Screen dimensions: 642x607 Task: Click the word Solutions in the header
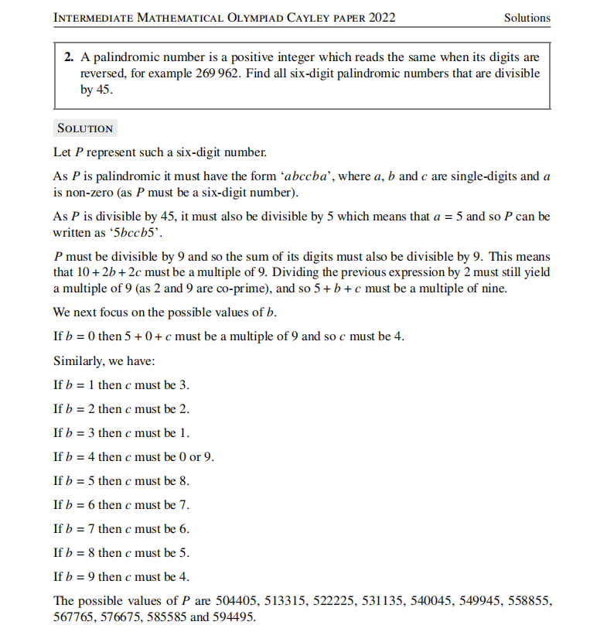pos(527,18)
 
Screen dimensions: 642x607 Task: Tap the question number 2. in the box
pos(69,58)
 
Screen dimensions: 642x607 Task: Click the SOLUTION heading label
pos(86,128)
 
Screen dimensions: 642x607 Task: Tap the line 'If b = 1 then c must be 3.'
pos(121,384)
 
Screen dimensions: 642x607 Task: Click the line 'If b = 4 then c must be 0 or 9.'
pos(134,456)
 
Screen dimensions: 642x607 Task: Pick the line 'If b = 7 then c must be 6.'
pos(121,529)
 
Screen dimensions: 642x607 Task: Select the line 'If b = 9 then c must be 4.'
pos(121,577)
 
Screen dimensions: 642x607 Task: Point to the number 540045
pos(420,601)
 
